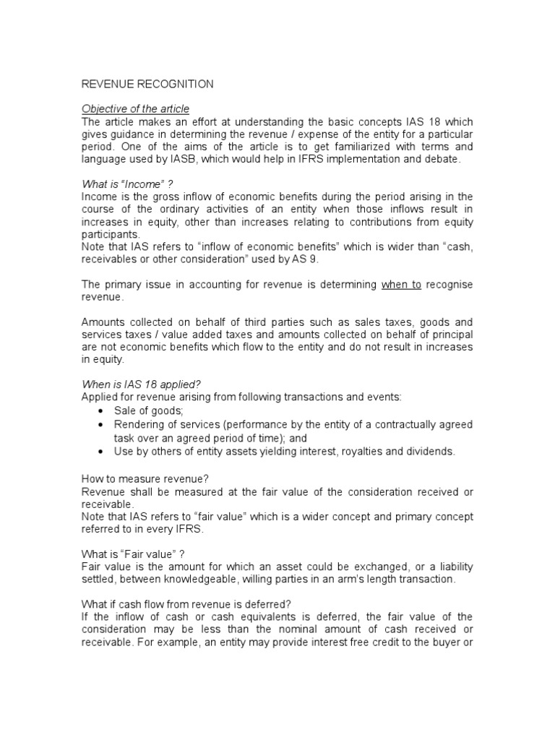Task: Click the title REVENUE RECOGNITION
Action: coord(147,85)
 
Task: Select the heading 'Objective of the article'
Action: coord(135,109)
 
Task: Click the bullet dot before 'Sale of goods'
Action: coord(100,410)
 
